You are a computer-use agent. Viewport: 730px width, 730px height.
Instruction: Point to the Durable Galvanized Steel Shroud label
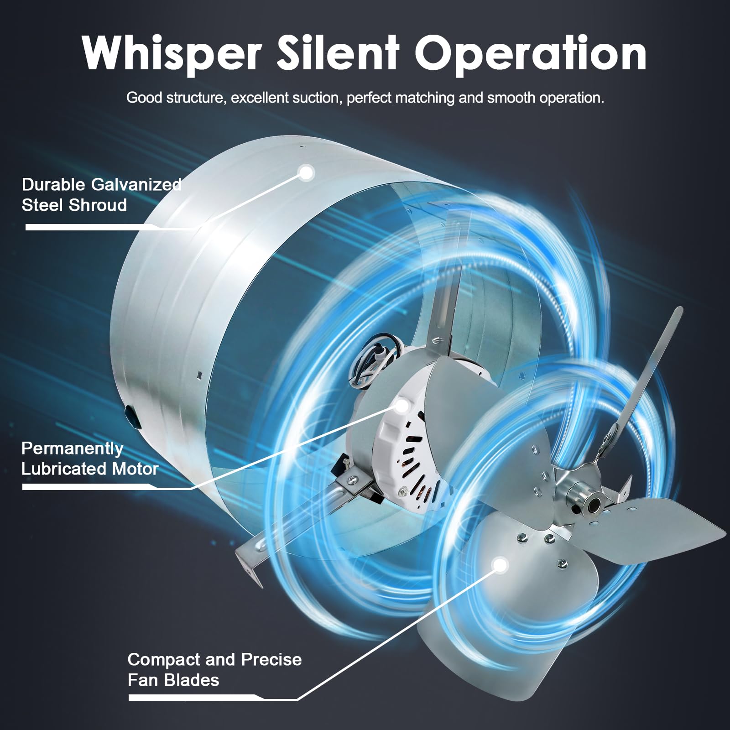[101, 195]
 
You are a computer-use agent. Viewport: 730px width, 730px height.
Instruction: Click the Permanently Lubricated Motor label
[90, 459]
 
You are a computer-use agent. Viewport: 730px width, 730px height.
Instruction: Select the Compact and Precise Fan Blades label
[214, 669]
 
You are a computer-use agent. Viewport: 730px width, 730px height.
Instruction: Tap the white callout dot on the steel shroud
[306, 172]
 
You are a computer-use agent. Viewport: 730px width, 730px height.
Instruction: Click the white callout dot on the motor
[402, 404]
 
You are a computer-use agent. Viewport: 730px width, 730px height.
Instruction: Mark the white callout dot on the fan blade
[501, 565]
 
